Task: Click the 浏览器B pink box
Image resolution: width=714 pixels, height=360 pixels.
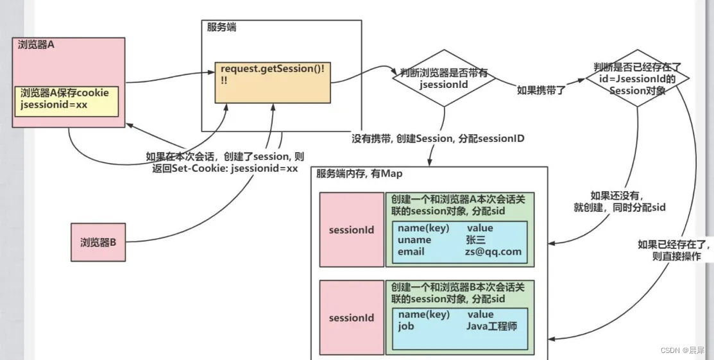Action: point(98,243)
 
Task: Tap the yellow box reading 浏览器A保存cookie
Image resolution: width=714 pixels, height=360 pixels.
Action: point(67,99)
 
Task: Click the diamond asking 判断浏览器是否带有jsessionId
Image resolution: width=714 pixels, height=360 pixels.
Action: point(443,78)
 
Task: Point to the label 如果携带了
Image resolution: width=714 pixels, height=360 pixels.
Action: point(541,90)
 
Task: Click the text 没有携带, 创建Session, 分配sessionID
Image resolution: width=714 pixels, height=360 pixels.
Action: point(438,139)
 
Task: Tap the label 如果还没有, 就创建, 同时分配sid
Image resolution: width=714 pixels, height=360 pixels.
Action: point(619,201)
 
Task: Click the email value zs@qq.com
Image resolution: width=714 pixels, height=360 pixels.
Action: point(494,252)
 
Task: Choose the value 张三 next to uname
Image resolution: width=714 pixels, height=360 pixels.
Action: point(476,240)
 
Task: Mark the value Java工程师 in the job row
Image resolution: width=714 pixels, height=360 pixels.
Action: point(491,326)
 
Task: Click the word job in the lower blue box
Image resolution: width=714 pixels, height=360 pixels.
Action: point(405,326)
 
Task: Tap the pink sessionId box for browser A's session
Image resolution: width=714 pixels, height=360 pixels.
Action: point(351,230)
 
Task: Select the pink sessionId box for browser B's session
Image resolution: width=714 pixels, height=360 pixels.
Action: point(351,318)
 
